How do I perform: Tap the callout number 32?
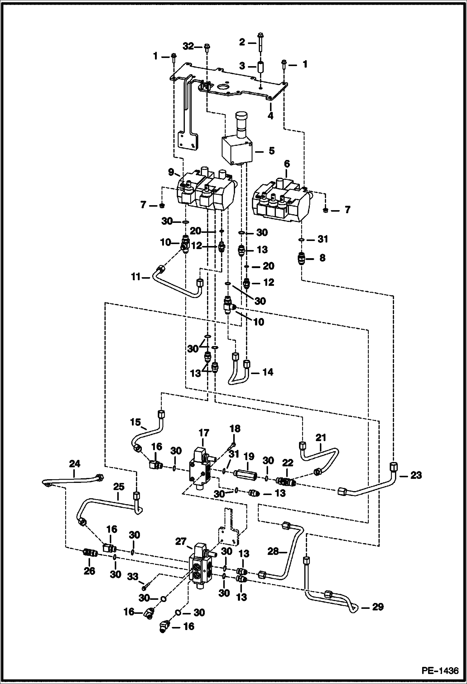(x=188, y=46)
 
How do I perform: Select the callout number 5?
(x=272, y=151)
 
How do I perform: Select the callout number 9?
(x=171, y=172)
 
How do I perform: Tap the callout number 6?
(x=287, y=164)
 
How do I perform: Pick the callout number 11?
(x=136, y=277)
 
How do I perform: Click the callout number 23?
(x=416, y=475)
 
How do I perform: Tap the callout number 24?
(x=75, y=464)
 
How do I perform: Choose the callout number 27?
(x=181, y=542)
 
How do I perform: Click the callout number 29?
(x=378, y=607)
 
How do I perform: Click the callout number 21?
(x=321, y=438)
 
